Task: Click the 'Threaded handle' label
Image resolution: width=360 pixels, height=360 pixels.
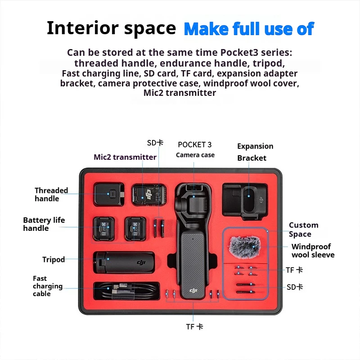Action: pos(51,194)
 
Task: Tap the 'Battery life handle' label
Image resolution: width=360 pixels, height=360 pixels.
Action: pos(44,224)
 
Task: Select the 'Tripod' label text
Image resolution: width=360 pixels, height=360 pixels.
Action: pos(54,260)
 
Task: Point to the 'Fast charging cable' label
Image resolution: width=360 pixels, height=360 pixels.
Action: pos(48,286)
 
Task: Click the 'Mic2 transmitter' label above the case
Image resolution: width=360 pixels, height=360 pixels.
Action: pos(125,157)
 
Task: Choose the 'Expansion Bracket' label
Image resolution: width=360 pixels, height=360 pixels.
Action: pos(255,152)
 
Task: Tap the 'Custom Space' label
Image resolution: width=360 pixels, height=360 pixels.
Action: pos(303,229)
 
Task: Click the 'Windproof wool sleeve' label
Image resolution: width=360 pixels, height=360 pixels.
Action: pos(313,251)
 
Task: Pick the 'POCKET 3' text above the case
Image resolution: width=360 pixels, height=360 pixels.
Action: pos(195,144)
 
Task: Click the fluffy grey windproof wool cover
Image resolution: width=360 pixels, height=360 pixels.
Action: pos(245,247)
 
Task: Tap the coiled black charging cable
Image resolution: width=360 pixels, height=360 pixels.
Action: pos(126,291)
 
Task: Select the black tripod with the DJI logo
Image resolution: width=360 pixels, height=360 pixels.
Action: pos(124,262)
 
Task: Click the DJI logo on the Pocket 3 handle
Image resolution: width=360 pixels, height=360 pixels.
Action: pos(193,291)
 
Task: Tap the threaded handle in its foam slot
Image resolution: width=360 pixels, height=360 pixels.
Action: pos(109,194)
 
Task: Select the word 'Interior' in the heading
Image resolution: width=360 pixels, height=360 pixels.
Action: pos(83,28)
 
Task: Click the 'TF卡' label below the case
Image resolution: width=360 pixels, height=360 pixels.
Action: pos(194,327)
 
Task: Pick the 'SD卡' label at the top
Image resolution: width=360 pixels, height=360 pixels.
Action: pos(155,143)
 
